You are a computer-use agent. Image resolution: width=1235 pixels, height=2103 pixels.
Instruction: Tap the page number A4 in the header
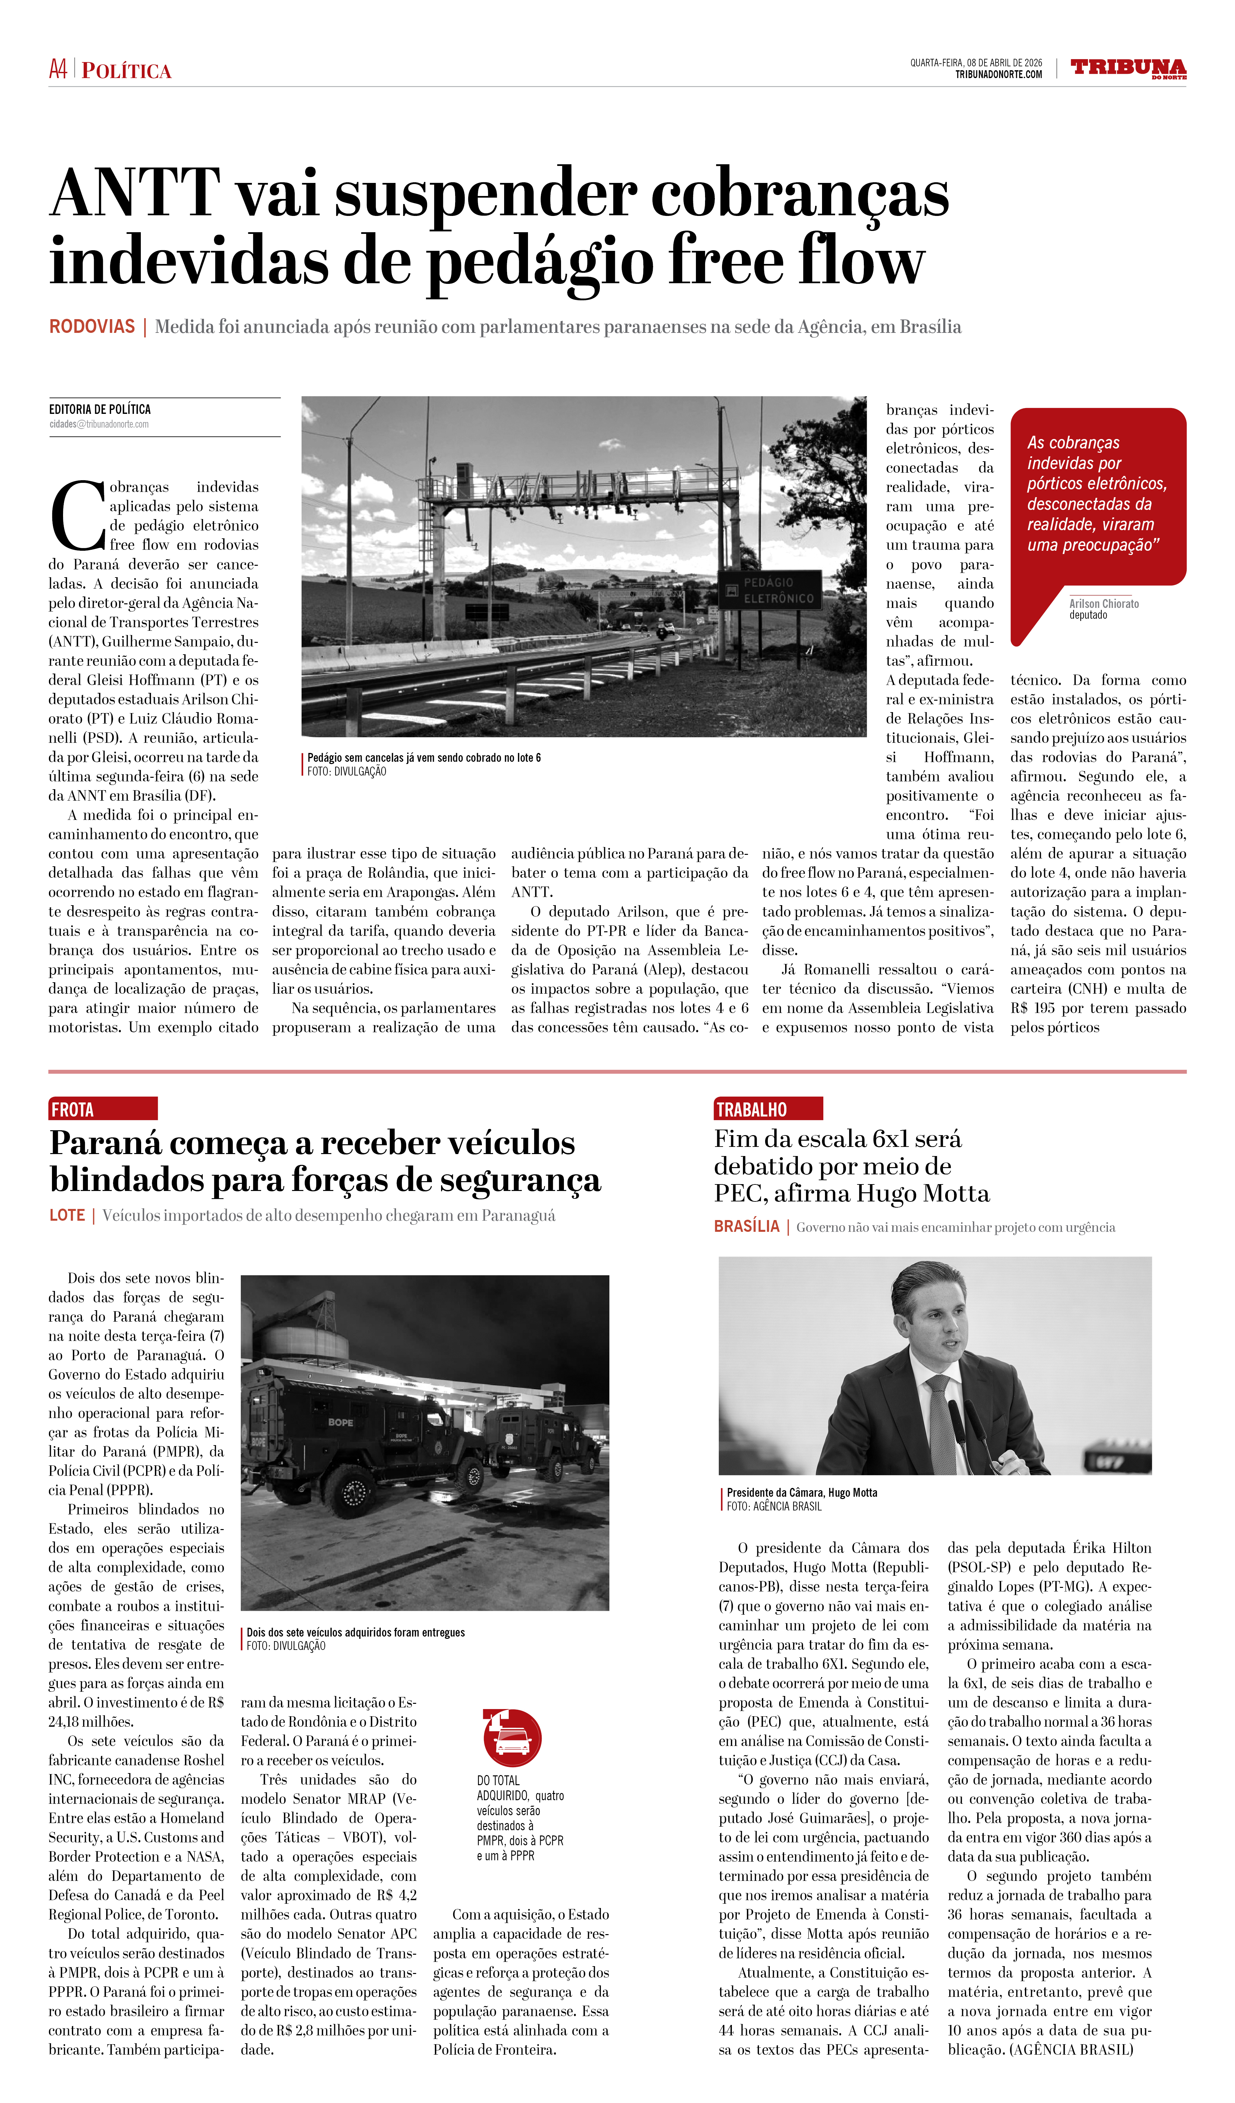point(58,69)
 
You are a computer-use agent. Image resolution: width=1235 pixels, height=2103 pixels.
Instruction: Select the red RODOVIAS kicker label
point(92,326)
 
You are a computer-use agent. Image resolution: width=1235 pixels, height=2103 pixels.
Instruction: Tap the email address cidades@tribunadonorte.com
point(98,424)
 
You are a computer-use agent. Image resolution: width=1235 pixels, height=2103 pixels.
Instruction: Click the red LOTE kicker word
point(67,1215)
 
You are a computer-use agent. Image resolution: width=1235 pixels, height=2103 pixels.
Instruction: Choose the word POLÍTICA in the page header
point(127,71)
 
